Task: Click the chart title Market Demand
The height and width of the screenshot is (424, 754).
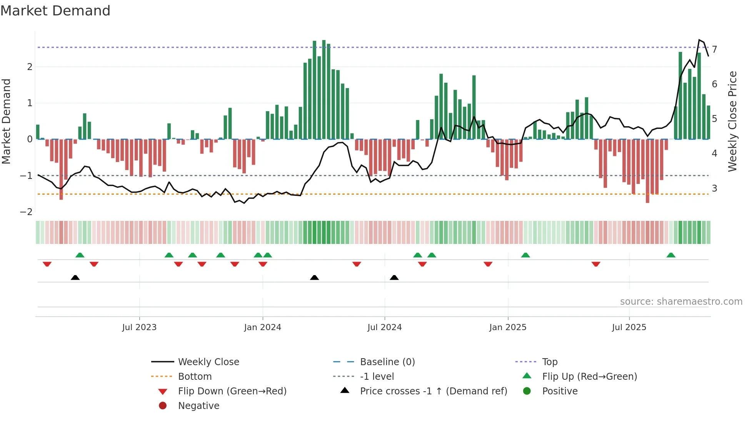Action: click(55, 11)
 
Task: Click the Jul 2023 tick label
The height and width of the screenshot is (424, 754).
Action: click(139, 327)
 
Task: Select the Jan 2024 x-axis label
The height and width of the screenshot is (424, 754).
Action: click(262, 327)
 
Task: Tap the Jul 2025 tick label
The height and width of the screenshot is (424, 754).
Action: click(629, 327)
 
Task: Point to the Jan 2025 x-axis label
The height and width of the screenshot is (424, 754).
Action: click(507, 327)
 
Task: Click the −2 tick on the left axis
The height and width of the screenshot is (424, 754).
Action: click(26, 212)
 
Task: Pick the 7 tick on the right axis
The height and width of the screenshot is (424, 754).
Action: click(714, 49)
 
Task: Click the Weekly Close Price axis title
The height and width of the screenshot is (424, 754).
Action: click(732, 121)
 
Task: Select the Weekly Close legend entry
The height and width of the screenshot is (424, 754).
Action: click(208, 362)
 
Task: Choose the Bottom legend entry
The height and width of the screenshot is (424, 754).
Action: click(195, 377)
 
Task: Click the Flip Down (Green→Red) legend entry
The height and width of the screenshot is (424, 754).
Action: click(232, 391)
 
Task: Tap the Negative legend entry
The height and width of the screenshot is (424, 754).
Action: click(199, 406)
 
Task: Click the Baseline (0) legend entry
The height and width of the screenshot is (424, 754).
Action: click(387, 362)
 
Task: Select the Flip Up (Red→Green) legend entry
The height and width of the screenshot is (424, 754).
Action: click(589, 377)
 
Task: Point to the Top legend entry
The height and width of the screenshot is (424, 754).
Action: click(549, 362)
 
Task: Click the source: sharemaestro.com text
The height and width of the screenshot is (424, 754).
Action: click(681, 302)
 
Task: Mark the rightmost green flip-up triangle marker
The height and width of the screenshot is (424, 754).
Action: click(671, 255)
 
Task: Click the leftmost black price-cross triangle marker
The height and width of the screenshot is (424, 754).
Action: click(75, 277)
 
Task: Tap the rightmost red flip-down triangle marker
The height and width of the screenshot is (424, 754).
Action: click(596, 264)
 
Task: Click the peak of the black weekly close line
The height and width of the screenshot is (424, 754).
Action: click(699, 40)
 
